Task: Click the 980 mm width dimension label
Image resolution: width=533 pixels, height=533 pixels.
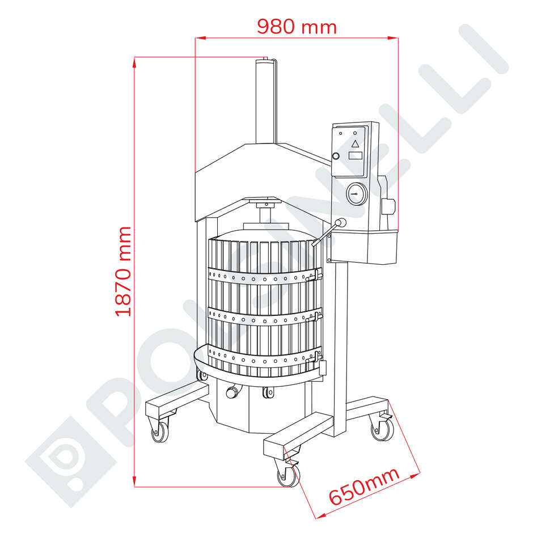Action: (297, 26)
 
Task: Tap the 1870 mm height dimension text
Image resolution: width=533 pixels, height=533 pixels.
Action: (124, 271)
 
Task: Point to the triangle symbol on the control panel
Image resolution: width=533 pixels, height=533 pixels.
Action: (355, 143)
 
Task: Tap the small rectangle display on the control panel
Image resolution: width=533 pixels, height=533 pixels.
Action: (355, 155)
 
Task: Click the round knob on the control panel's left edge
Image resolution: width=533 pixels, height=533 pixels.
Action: (336, 156)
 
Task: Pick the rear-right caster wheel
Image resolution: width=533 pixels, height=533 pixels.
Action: (380, 429)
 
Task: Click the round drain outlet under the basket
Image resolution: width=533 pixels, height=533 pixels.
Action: (231, 392)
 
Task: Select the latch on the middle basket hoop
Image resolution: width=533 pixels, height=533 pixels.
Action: (311, 315)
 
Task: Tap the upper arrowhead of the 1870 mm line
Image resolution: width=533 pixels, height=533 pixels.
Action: (134, 61)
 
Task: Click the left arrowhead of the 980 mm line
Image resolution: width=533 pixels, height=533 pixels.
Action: (199, 39)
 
